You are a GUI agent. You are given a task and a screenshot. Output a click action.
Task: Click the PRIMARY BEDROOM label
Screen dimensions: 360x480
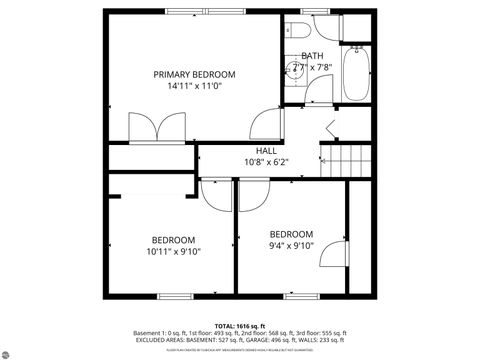click(x=194, y=74)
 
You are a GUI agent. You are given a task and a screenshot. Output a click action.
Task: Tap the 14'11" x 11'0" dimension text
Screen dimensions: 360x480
click(x=194, y=87)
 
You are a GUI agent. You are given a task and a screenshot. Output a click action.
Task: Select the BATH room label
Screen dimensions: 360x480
click(x=312, y=55)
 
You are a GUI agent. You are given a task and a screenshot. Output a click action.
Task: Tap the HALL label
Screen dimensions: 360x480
click(x=266, y=150)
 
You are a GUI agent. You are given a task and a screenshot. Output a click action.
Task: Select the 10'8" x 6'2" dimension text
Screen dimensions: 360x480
click(x=266, y=162)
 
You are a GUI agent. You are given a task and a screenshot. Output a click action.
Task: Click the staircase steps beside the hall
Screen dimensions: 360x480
click(x=341, y=159)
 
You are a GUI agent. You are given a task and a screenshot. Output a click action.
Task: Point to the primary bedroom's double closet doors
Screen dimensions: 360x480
click(x=157, y=127)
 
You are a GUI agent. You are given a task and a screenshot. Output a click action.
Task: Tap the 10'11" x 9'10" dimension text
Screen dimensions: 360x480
click(x=173, y=252)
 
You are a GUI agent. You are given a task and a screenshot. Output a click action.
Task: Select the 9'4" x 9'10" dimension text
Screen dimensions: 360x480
click(x=291, y=246)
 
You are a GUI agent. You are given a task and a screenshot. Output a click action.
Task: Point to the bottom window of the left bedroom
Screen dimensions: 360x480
click(x=174, y=297)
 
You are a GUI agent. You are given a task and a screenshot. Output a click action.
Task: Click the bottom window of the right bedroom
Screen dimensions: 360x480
click(x=297, y=297)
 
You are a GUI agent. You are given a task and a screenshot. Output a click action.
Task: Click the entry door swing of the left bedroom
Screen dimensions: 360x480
click(x=217, y=194)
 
